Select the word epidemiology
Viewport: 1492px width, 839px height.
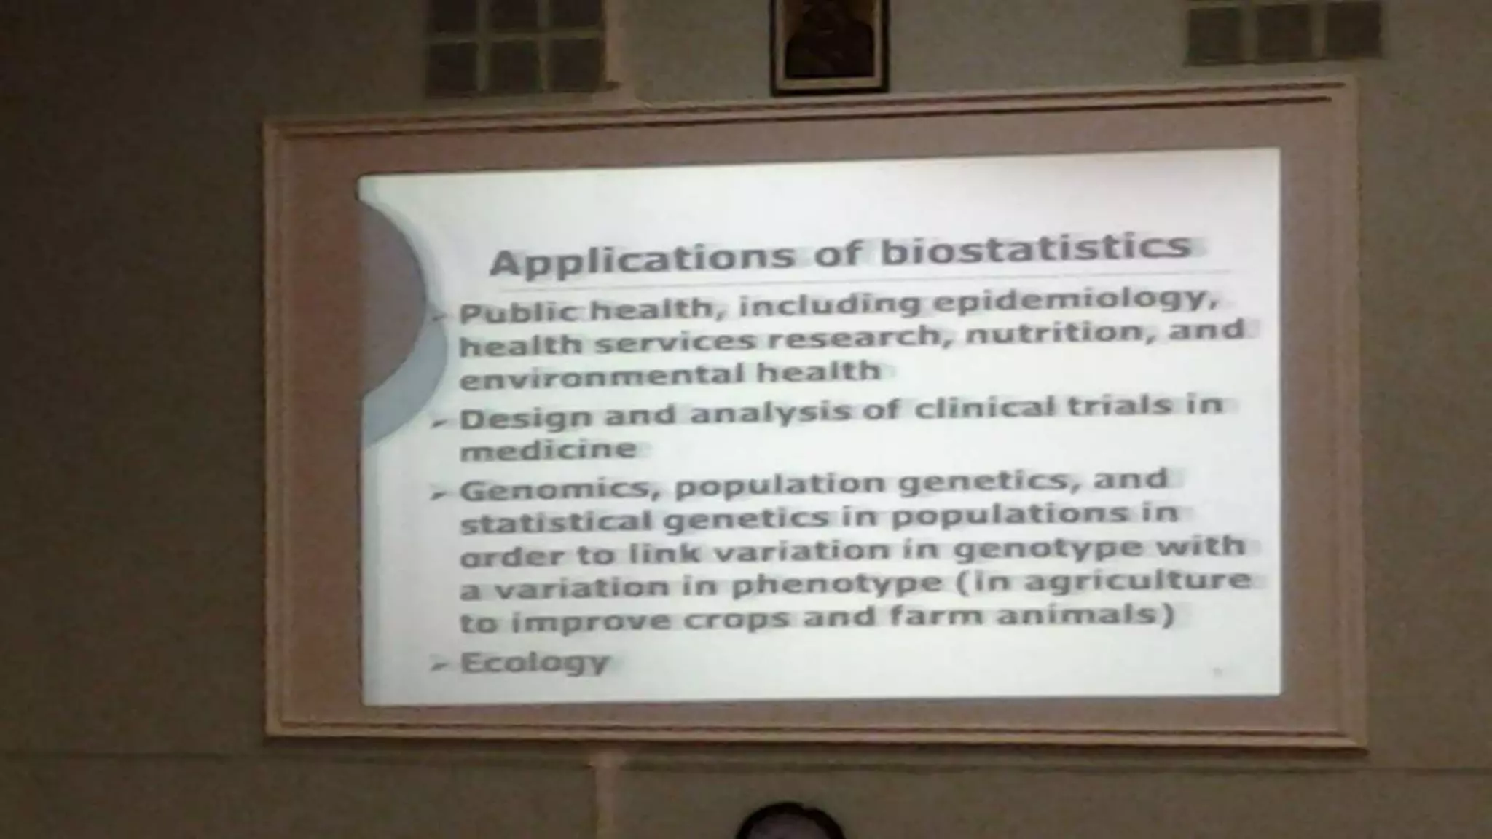click(x=1074, y=300)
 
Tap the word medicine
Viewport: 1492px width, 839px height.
click(x=548, y=450)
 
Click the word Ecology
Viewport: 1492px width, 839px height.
click(x=535, y=663)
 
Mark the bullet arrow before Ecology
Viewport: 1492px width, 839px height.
click(x=439, y=664)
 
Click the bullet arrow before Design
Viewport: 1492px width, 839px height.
click(x=439, y=422)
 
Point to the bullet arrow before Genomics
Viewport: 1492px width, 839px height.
click(x=439, y=494)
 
